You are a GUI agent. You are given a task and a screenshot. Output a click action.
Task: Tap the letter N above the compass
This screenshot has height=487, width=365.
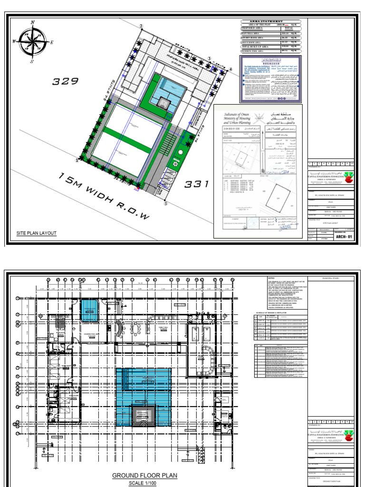click(x=33, y=22)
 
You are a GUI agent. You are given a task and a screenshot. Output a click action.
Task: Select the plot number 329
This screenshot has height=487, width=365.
click(x=65, y=81)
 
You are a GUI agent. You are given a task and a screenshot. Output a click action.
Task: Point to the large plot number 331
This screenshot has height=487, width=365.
click(x=197, y=184)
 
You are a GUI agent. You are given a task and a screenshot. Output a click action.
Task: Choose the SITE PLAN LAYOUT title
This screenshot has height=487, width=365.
click(x=37, y=233)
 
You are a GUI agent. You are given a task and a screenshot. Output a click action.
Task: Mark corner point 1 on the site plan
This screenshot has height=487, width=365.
click(x=77, y=160)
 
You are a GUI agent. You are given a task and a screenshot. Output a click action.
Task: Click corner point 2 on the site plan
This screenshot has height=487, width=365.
click(x=141, y=27)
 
